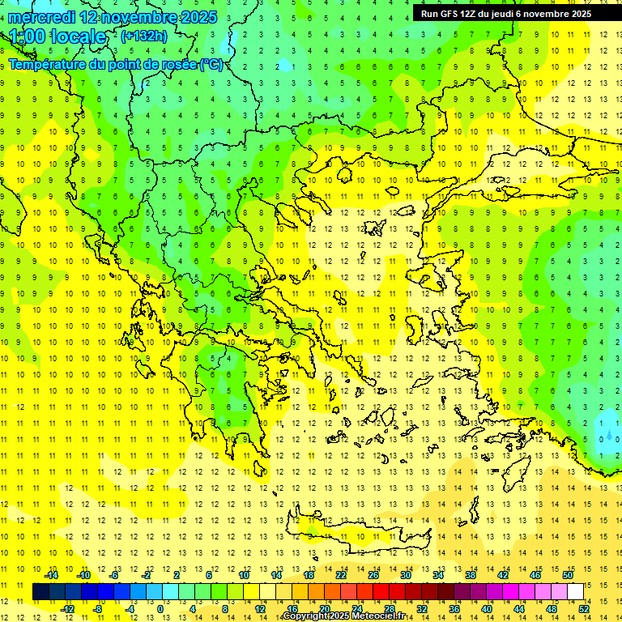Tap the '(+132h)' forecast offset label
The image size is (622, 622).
tap(144, 36)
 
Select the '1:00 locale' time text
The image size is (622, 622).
tap(58, 36)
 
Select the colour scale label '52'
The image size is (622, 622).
tap(583, 609)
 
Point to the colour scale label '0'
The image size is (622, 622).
tap(160, 609)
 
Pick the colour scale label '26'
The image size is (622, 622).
tap(373, 575)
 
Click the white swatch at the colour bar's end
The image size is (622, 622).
tap(575, 591)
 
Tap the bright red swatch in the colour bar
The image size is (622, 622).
tap(381, 591)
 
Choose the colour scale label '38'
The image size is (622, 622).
tap(471, 575)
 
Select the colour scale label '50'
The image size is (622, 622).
tap(567, 575)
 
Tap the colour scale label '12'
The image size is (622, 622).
tap(260, 609)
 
